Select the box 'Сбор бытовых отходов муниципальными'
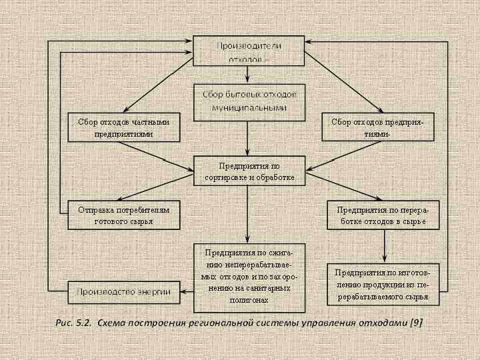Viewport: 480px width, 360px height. pos(249,101)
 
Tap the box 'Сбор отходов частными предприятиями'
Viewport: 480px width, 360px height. pos(123,127)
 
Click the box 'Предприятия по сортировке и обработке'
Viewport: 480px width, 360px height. pos(249,171)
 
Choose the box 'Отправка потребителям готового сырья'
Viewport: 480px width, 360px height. pos(123,215)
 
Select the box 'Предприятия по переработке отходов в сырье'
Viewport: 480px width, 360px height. pos(383,215)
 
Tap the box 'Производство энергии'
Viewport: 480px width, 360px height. pos(123,291)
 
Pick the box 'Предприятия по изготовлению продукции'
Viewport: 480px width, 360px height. pos(383,284)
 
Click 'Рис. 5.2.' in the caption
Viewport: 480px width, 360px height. pos(73,323)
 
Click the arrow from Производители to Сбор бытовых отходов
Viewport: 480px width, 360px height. pos(248,75)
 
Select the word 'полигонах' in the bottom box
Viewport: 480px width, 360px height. pos(250,300)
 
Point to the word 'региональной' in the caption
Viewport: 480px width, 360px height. pos(217,323)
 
